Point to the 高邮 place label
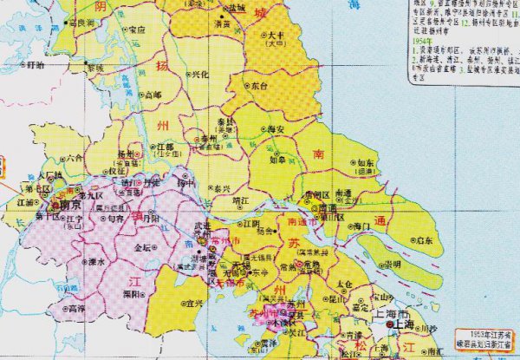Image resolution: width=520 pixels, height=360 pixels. (153, 94)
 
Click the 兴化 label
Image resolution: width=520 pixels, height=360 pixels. (199, 75)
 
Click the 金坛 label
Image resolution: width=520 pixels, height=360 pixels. (142, 248)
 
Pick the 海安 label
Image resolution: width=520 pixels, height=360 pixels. (276, 129)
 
